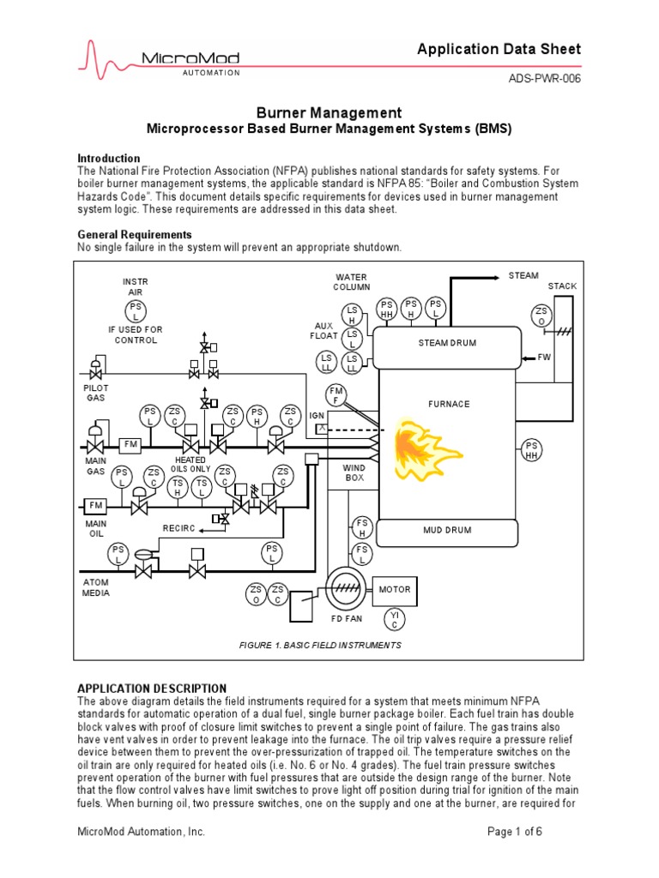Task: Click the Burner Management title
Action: click(x=329, y=112)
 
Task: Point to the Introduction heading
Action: click(x=109, y=159)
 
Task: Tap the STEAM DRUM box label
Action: click(x=447, y=343)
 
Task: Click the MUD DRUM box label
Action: click(x=447, y=530)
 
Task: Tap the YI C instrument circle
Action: click(x=394, y=620)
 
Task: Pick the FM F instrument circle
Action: click(x=336, y=395)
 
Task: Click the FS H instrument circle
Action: click(x=362, y=527)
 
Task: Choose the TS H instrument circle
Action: click(x=178, y=487)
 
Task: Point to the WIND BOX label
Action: click(x=354, y=473)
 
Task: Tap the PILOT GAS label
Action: click(x=96, y=394)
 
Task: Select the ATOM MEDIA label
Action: click(x=96, y=587)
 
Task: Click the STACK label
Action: click(x=563, y=286)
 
